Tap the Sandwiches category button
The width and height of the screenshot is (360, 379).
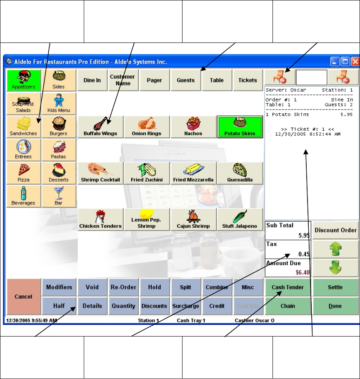[23, 127]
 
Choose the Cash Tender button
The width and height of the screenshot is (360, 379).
[287, 287]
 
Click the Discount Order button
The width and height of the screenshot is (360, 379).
[335, 230]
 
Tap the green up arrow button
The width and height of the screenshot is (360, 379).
[335, 249]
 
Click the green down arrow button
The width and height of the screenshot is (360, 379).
[335, 268]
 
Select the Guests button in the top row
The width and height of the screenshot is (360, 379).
[185, 80]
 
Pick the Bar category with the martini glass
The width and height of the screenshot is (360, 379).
[58, 196]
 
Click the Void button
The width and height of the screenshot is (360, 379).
[92, 287]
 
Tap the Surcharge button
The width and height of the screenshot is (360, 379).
[185, 306]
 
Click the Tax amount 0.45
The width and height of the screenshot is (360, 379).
[303, 254]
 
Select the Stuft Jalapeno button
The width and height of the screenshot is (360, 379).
[240, 219]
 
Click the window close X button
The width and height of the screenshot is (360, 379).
[355, 62]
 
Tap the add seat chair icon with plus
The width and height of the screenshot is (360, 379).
[279, 77]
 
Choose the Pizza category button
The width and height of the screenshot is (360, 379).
[23, 173]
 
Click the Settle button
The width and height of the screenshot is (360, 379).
[335, 287]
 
